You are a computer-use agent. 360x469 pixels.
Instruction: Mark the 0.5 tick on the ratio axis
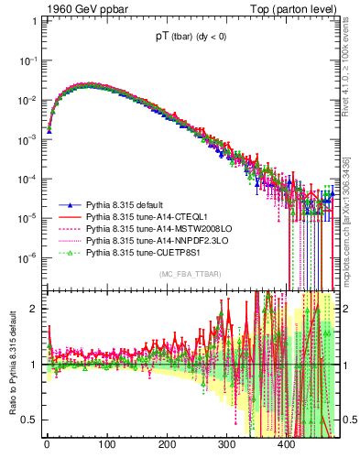click(x=29, y=420)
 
